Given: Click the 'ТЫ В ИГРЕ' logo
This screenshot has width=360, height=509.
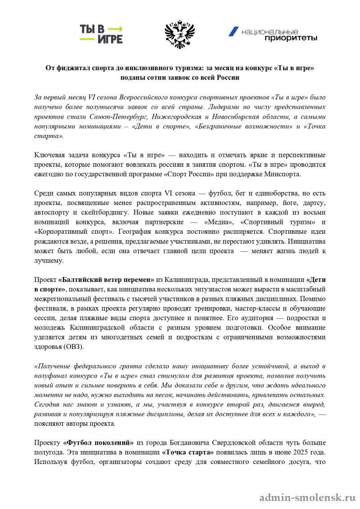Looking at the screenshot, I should pyautogui.click(x=101, y=34).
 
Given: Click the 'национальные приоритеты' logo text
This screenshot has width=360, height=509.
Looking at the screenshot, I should pyautogui.click(x=279, y=35).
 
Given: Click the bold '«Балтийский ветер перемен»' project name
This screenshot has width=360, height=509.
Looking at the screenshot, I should pyautogui.click(x=106, y=279).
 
